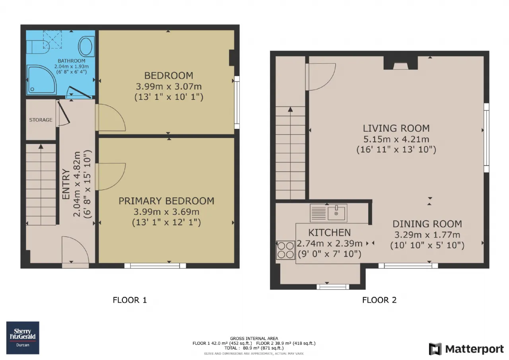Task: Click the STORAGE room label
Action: [x=41, y=120]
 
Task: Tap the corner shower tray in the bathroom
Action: [x=41, y=80]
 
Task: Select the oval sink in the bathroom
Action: [x=86, y=47]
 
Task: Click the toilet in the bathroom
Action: [x=38, y=47]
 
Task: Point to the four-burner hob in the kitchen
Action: [x=286, y=250]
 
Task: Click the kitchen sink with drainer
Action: [x=328, y=213]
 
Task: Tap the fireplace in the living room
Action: [x=400, y=63]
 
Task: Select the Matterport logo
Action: [x=466, y=349]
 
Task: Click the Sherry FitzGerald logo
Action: [x=23, y=338]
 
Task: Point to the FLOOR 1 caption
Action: [x=130, y=300]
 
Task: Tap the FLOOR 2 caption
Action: [x=379, y=300]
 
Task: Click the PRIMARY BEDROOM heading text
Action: [x=166, y=201]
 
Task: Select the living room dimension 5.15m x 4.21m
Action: [x=396, y=139]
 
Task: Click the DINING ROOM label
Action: [x=427, y=224]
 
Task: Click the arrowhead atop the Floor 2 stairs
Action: [x=290, y=109]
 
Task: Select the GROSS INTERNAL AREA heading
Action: [x=254, y=339]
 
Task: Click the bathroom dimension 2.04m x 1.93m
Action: [x=71, y=66]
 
